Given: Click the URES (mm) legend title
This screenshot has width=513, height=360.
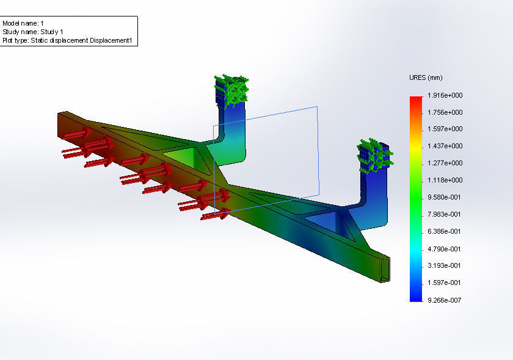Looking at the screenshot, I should tap(426, 78).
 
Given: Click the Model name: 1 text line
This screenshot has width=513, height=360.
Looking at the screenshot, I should tap(23, 23).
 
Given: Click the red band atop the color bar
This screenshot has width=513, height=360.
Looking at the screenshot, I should tap(416, 101).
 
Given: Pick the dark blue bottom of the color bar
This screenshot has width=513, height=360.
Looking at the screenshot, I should tap(416, 296).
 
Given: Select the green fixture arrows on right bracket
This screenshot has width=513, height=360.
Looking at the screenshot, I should tap(374, 155).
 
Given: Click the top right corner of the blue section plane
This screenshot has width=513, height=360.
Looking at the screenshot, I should tap(317, 107).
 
